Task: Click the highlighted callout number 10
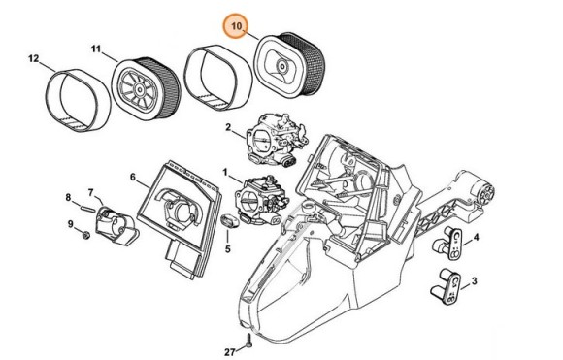(x=236, y=26)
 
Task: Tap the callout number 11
(x=96, y=49)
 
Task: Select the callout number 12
(x=33, y=58)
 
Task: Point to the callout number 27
(x=230, y=352)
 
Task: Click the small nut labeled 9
(x=85, y=236)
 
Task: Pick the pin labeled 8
(x=87, y=208)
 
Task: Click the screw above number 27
(x=248, y=341)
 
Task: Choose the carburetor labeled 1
(x=262, y=199)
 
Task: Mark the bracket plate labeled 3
(x=447, y=286)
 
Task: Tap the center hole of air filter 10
(x=282, y=67)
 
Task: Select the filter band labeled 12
(x=78, y=101)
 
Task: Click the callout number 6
(x=133, y=177)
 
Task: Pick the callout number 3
(x=475, y=281)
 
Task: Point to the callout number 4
(x=476, y=237)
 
